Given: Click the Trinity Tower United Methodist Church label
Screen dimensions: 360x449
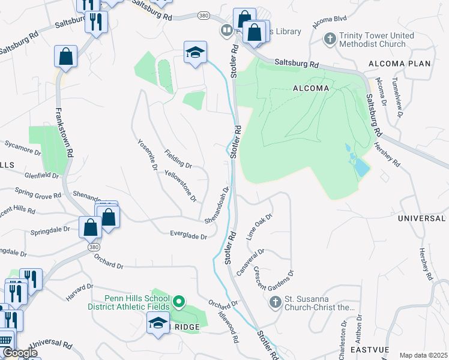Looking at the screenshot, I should pos(376,40).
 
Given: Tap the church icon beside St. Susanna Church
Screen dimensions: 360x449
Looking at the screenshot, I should pos(276,302).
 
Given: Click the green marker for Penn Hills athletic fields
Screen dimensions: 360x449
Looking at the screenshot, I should pos(178,301).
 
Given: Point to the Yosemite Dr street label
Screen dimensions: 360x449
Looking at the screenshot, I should pos(147,155).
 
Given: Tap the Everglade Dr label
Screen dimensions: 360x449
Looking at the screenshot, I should pos(187,236).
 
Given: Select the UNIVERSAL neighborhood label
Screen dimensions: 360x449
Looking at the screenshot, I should pos(421,218).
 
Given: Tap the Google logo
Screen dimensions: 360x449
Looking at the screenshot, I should pos(20,353).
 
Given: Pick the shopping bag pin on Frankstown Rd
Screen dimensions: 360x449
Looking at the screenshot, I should pos(66,57).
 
